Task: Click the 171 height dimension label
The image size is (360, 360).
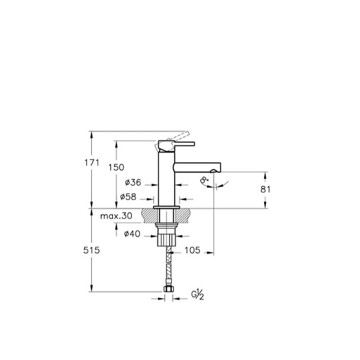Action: (x=92, y=163)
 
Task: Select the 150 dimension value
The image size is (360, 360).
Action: (x=116, y=167)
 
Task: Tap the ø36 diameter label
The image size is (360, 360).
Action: (x=133, y=182)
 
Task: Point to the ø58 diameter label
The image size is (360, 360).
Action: (x=128, y=197)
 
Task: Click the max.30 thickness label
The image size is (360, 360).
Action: (x=116, y=216)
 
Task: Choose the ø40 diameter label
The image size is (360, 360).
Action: (x=132, y=234)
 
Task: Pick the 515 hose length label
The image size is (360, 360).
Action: (x=92, y=250)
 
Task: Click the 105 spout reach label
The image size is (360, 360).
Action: (x=192, y=250)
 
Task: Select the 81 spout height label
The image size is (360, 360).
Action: (x=266, y=189)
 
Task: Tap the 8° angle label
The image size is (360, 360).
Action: (x=204, y=180)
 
